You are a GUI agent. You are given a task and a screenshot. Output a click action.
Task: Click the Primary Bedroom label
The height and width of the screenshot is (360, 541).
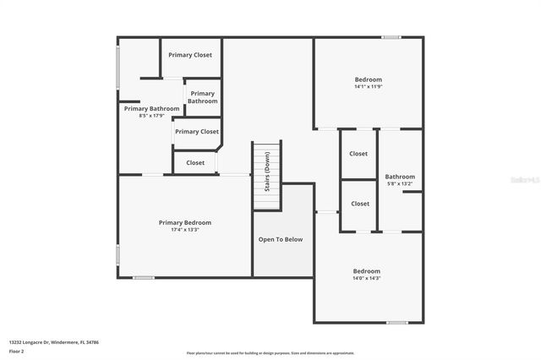[185, 222]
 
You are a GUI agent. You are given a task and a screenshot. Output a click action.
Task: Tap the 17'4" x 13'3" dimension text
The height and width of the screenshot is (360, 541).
[185, 230]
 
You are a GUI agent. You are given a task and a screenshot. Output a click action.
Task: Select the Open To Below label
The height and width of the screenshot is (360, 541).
[280, 239]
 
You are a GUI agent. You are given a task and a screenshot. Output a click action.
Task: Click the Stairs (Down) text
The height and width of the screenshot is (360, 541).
[267, 172]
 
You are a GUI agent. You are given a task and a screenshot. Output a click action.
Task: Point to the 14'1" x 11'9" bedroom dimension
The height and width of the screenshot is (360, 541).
[368, 87]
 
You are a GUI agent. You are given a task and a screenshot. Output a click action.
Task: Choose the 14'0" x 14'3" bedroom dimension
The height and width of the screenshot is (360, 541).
[367, 278]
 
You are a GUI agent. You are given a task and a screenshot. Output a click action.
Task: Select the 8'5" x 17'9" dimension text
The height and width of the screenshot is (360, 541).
[151, 116]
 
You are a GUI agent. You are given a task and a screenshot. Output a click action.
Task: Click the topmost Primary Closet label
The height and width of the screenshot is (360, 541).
[190, 55]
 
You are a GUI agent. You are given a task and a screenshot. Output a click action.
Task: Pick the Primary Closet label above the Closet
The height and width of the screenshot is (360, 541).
[197, 131]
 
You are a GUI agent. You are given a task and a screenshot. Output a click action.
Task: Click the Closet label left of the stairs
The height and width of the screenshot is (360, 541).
[195, 162]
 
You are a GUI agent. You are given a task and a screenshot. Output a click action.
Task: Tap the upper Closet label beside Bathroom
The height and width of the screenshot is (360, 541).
[359, 154]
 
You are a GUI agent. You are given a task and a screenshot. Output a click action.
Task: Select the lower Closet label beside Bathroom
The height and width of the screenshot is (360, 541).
[360, 204]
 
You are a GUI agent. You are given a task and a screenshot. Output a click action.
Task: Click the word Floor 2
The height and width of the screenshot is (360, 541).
[16, 350]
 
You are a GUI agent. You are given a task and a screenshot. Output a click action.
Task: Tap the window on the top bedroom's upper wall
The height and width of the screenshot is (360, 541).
[391, 37]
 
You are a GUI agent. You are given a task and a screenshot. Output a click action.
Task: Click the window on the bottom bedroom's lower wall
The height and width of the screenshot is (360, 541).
[397, 322]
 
